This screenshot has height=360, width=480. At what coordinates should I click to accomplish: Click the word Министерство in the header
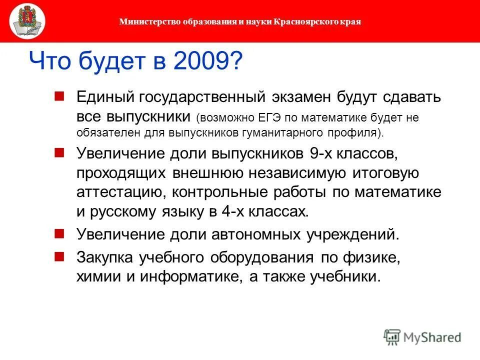145,21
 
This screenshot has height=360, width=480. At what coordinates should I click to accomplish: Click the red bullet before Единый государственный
59,95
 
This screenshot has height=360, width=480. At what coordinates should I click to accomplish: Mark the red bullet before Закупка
59,255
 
